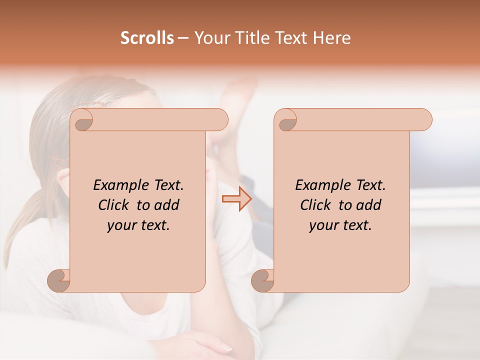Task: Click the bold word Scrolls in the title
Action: [147, 38]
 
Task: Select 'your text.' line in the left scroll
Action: [138, 225]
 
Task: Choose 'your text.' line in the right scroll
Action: [340, 225]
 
